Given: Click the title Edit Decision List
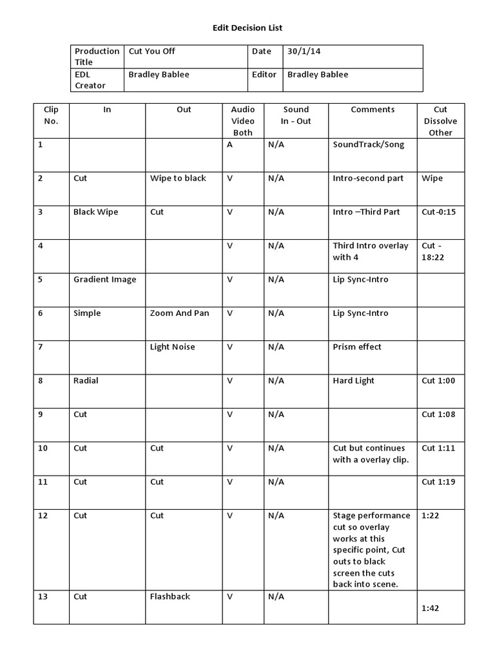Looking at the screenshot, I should pyautogui.click(x=247, y=28).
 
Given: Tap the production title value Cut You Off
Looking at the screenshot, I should pyautogui.click(x=152, y=52).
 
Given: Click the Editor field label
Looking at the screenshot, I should pyautogui.click(x=264, y=75).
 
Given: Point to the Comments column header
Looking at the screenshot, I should pyautogui.click(x=373, y=110).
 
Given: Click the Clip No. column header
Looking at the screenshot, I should pyautogui.click(x=51, y=115).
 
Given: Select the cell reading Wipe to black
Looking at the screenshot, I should pyautogui.click(x=178, y=179).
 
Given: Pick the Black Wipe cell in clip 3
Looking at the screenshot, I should pyautogui.click(x=95, y=212).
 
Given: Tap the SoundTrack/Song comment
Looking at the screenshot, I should pyautogui.click(x=369, y=145).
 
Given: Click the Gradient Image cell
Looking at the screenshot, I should pyautogui.click(x=104, y=280).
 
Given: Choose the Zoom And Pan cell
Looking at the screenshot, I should pyautogui.click(x=179, y=313).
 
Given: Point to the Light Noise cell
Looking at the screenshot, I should pyautogui.click(x=172, y=347).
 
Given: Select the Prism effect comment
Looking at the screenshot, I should pyautogui.click(x=357, y=347).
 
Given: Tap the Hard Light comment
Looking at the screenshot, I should pyautogui.click(x=354, y=381).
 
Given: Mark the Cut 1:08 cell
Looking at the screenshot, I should pyautogui.click(x=438, y=414).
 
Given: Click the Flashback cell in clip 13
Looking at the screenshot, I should pyautogui.click(x=170, y=597).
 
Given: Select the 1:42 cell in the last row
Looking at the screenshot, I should pyautogui.click(x=431, y=608).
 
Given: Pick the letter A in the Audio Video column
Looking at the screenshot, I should pyautogui.click(x=229, y=145).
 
